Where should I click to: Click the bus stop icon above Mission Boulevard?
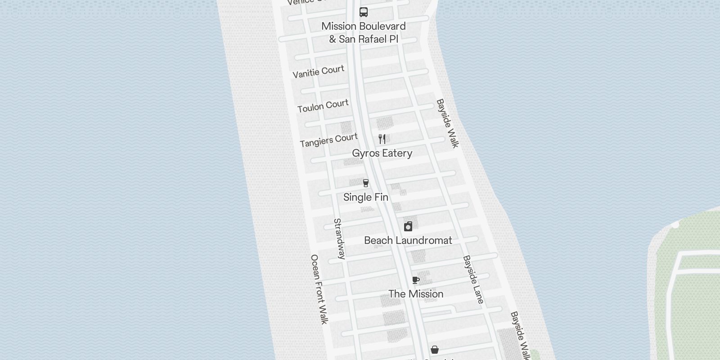tap(364, 12)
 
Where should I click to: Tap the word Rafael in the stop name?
tap(368, 39)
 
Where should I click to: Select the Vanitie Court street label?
tap(318, 72)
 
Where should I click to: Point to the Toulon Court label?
tap(323, 106)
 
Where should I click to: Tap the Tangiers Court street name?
tap(328, 140)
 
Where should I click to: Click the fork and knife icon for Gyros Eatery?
tap(382, 139)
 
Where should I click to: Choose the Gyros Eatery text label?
tap(382, 153)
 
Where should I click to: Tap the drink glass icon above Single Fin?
tap(366, 183)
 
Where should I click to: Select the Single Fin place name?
tap(365, 197)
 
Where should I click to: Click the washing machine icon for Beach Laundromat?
tap(408, 226)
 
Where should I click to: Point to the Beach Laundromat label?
tap(408, 240)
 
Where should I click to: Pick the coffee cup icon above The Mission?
tap(416, 280)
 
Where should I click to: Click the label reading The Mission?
tap(416, 294)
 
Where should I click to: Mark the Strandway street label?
tap(339, 238)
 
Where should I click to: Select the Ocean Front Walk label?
tap(319, 289)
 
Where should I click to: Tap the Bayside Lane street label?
tap(473, 279)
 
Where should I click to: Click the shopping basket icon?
tap(435, 350)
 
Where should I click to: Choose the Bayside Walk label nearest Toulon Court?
tap(447, 123)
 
